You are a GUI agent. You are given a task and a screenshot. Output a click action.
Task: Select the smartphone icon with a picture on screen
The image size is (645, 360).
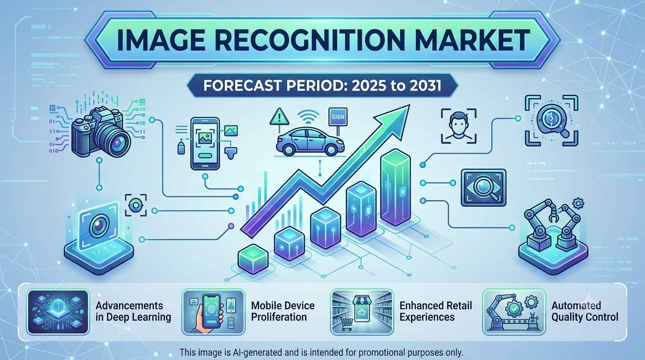coord(205,143)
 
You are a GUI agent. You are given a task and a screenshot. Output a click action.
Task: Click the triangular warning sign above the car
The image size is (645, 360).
coord(279,117)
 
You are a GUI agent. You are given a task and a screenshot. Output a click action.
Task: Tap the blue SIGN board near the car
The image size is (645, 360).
coord(338,117)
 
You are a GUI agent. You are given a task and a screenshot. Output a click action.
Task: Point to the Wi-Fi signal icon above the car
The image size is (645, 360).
coord(308,117)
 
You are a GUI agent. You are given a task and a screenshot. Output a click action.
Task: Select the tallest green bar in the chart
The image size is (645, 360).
coord(395,187)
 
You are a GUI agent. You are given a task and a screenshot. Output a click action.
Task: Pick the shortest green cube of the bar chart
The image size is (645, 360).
coord(253,259)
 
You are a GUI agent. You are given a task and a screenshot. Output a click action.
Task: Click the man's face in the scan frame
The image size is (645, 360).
coord(458,125)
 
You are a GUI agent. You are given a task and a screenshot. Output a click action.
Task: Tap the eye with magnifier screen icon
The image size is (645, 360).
coord(483,187)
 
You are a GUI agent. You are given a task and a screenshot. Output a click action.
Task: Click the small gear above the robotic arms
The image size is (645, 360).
coord(578,203)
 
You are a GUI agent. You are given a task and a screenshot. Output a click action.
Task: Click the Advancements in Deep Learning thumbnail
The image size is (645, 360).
coord(58,312)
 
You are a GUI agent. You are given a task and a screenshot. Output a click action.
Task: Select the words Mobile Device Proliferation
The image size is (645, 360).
coord(283,311)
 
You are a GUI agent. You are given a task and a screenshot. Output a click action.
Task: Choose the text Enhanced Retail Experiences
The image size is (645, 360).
coord(435,311)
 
